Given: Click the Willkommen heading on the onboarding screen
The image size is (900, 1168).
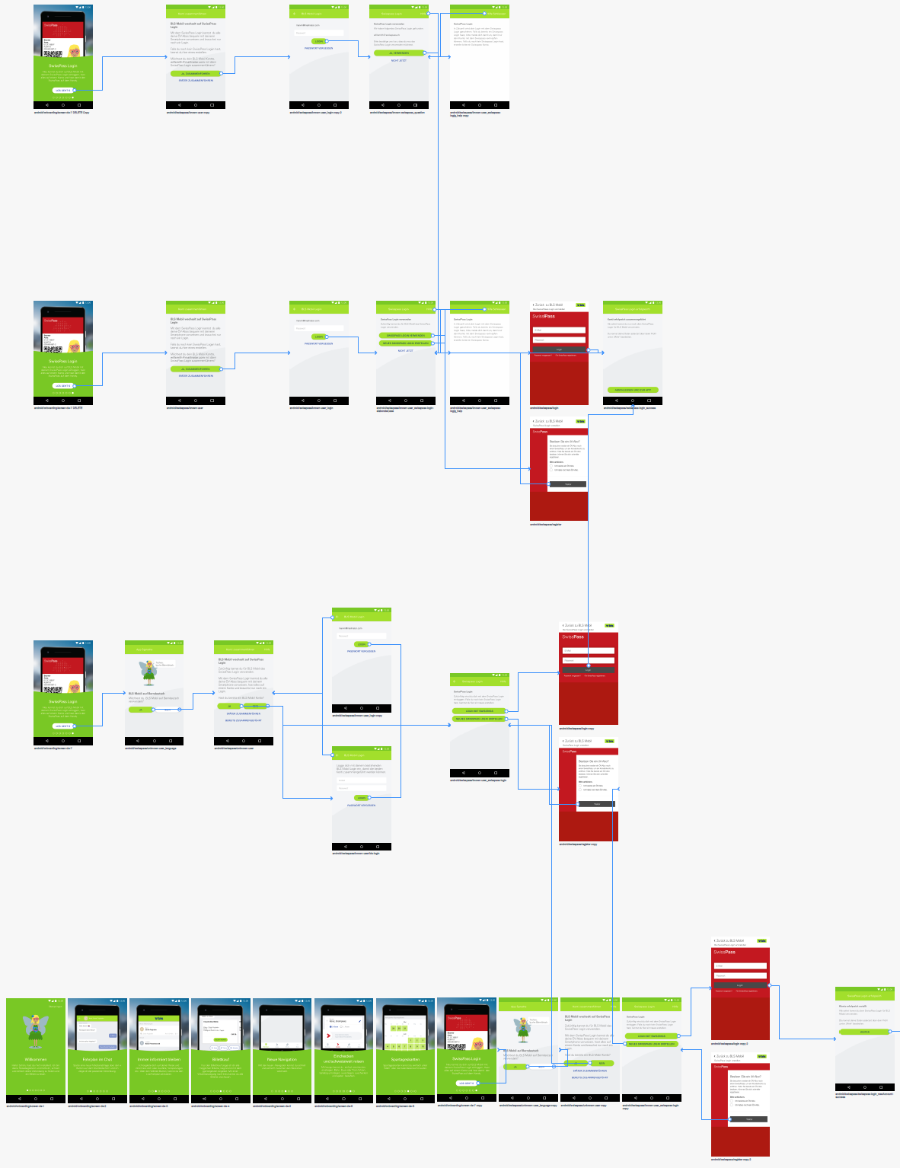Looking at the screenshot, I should click(x=36, y=1059).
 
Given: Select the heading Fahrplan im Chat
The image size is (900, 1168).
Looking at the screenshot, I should click(x=97, y=1059).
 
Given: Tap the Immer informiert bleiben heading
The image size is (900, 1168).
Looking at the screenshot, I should click(x=159, y=1059).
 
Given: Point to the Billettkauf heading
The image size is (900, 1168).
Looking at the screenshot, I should click(x=221, y=1059).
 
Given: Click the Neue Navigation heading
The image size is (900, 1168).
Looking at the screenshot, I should click(x=282, y=1059).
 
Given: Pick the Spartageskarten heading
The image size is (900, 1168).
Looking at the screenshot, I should click(x=405, y=1059).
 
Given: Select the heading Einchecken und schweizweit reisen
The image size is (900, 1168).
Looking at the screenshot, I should click(x=343, y=1058).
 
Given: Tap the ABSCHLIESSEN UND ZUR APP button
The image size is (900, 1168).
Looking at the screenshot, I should click(x=632, y=390).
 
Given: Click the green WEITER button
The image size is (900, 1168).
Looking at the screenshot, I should click(x=865, y=1032).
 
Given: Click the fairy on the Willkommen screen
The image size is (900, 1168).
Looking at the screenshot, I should click(x=35, y=1028).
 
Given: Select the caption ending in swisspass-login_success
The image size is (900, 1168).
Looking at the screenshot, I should click(x=630, y=408).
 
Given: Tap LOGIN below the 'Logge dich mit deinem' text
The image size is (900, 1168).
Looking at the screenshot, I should click(x=362, y=798).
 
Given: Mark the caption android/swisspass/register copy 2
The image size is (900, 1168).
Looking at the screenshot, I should click(x=731, y=1160).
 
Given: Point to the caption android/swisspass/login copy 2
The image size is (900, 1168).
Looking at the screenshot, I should click(x=729, y=1044).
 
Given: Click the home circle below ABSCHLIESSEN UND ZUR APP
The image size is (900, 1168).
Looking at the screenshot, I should click(x=632, y=401).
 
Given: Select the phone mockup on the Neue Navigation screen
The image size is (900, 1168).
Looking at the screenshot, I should click(x=282, y=1028).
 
